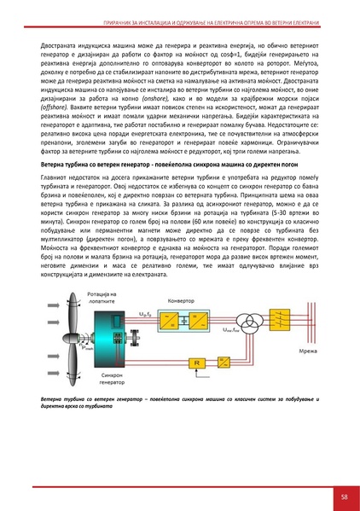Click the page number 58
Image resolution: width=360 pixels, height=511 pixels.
[342, 496]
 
